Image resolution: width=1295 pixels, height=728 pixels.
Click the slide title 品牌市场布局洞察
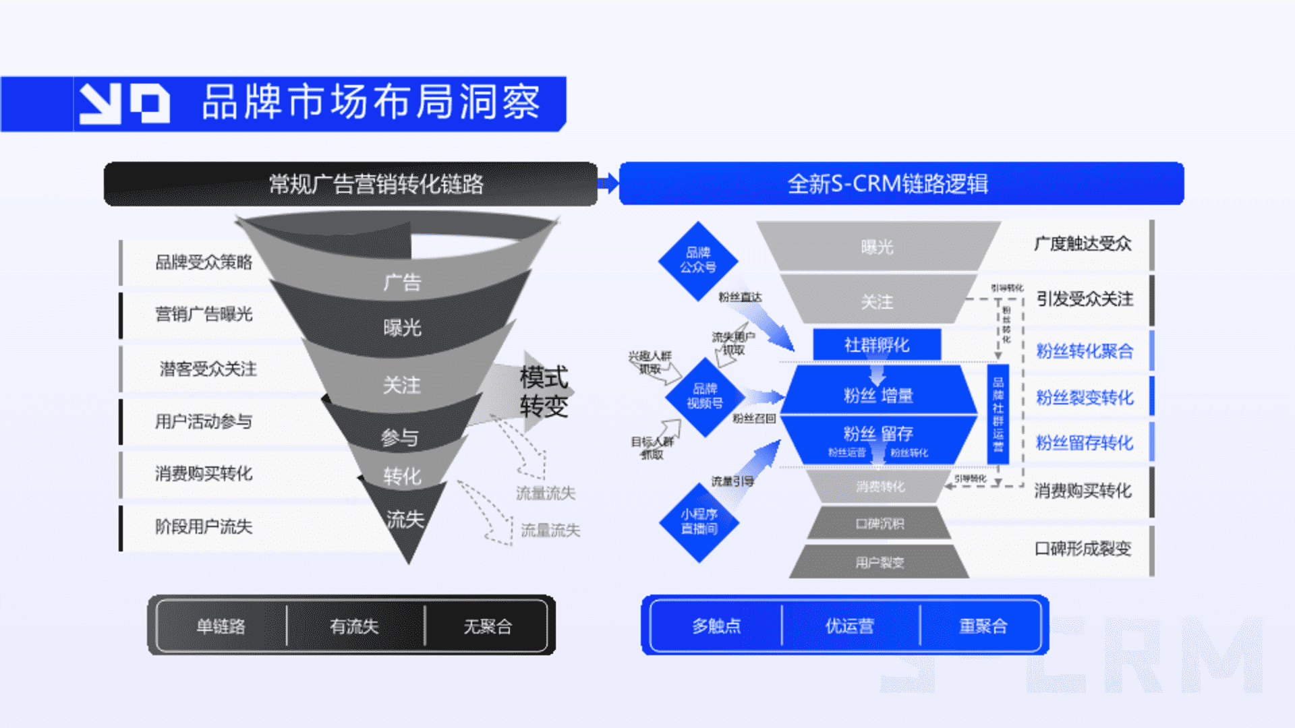click(371, 102)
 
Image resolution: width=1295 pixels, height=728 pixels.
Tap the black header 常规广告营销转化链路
click(376, 184)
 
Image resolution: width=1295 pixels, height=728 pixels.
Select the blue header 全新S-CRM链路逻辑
click(888, 184)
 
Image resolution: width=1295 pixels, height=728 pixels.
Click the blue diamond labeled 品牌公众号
click(698, 260)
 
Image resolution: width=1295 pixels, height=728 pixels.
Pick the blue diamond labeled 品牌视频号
click(705, 396)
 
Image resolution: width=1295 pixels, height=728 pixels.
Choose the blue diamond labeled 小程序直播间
click(699, 522)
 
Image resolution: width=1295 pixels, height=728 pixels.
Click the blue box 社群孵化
click(877, 345)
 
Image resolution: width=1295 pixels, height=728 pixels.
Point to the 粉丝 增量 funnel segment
click(878, 395)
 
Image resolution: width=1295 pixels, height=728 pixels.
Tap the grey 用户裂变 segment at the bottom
click(880, 562)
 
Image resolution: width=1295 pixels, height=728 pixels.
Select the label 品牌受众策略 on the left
click(204, 262)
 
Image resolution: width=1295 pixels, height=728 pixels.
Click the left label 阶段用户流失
click(204, 526)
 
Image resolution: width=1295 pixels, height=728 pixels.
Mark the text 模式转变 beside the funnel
click(544, 392)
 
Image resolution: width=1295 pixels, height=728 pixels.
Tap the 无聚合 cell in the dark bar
click(487, 627)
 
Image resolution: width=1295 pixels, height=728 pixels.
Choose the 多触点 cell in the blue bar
click(716, 626)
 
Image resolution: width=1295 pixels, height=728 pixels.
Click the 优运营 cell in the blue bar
click(850, 626)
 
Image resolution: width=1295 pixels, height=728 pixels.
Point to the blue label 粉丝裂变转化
click(1084, 398)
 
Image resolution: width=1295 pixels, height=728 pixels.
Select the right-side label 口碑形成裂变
click(1083, 549)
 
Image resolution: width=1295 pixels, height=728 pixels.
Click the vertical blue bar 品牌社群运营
click(998, 414)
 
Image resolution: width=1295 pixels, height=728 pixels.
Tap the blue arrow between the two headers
click(608, 183)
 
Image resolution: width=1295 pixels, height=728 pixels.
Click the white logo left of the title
click(124, 103)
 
